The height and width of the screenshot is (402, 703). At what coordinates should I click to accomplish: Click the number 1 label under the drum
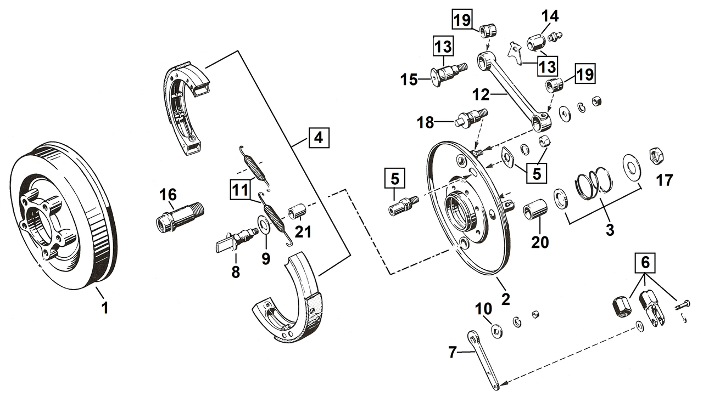pyautogui.click(x=104, y=308)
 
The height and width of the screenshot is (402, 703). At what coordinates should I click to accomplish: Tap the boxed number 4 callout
pyautogui.click(x=319, y=138)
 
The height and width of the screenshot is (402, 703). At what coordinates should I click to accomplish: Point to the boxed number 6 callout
pyautogui.click(x=645, y=264)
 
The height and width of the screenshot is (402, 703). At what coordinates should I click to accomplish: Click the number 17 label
pyautogui.click(x=664, y=180)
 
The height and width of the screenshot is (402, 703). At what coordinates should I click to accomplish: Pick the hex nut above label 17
pyautogui.click(x=655, y=156)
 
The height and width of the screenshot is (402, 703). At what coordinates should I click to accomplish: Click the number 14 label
pyautogui.click(x=550, y=16)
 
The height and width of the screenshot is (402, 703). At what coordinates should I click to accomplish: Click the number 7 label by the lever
pyautogui.click(x=451, y=352)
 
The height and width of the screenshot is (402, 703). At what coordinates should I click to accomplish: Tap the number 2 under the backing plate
pyautogui.click(x=505, y=299)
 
